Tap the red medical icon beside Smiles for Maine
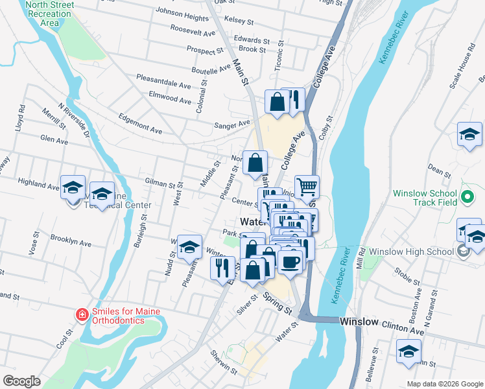pyautogui.click(x=82, y=316)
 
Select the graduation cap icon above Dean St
pyautogui.click(x=469, y=135)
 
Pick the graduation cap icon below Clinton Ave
pyautogui.click(x=408, y=352)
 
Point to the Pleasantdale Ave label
pyautogui.click(x=163, y=81)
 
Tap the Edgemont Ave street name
pyautogui.click(x=140, y=125)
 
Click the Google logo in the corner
pyautogui.click(x=22, y=381)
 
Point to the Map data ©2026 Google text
pyautogui.click(x=444, y=384)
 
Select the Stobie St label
pyautogui.click(x=408, y=278)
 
